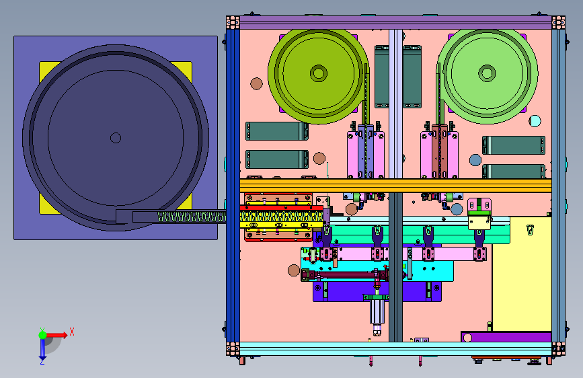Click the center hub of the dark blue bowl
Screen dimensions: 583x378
116,138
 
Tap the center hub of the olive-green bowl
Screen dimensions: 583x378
319,73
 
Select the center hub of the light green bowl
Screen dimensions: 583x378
487,73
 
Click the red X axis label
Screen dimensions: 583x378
72,332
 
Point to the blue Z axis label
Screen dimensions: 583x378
42,361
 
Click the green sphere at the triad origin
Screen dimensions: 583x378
43,335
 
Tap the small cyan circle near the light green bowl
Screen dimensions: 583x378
535,121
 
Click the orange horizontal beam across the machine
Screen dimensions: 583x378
395,185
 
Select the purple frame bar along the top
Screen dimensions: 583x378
395,22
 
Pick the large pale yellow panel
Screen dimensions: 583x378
522,274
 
